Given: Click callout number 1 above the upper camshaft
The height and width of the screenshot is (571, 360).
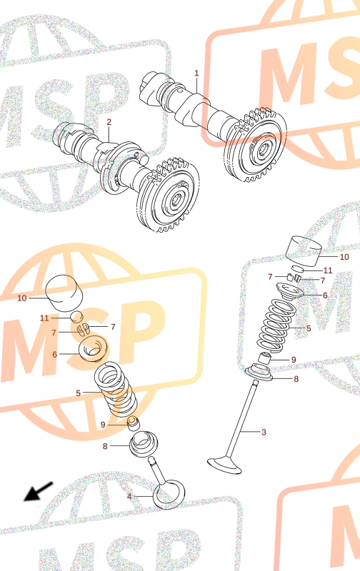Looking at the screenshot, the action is click(x=196, y=74).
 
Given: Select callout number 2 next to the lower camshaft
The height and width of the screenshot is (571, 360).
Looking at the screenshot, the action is click(x=109, y=122).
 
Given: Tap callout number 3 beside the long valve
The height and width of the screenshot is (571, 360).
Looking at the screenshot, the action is click(x=264, y=432).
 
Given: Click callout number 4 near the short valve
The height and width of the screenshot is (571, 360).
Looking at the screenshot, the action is click(x=129, y=496).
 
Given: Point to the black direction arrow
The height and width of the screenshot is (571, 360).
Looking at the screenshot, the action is click(x=39, y=491).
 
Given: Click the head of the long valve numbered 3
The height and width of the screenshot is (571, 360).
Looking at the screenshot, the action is click(x=224, y=465).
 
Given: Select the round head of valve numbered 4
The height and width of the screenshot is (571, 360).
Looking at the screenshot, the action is click(x=169, y=494).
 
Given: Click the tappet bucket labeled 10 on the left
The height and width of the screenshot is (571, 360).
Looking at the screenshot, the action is click(x=64, y=293).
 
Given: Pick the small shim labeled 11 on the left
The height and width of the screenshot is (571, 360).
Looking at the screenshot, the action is click(x=77, y=317).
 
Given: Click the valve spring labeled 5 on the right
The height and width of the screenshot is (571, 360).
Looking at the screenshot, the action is click(x=276, y=325).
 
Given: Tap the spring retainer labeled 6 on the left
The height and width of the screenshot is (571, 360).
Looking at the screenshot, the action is click(x=94, y=348).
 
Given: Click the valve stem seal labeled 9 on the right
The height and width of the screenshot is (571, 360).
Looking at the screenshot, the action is click(x=264, y=358).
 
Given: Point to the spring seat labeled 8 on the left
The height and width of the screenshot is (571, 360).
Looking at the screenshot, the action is click(x=144, y=443).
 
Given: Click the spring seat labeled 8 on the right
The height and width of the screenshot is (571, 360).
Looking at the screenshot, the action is click(x=259, y=373).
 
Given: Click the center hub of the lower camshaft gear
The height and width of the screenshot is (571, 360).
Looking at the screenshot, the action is click(x=178, y=198).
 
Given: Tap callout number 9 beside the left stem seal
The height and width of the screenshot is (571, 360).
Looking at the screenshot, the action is click(x=103, y=425).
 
